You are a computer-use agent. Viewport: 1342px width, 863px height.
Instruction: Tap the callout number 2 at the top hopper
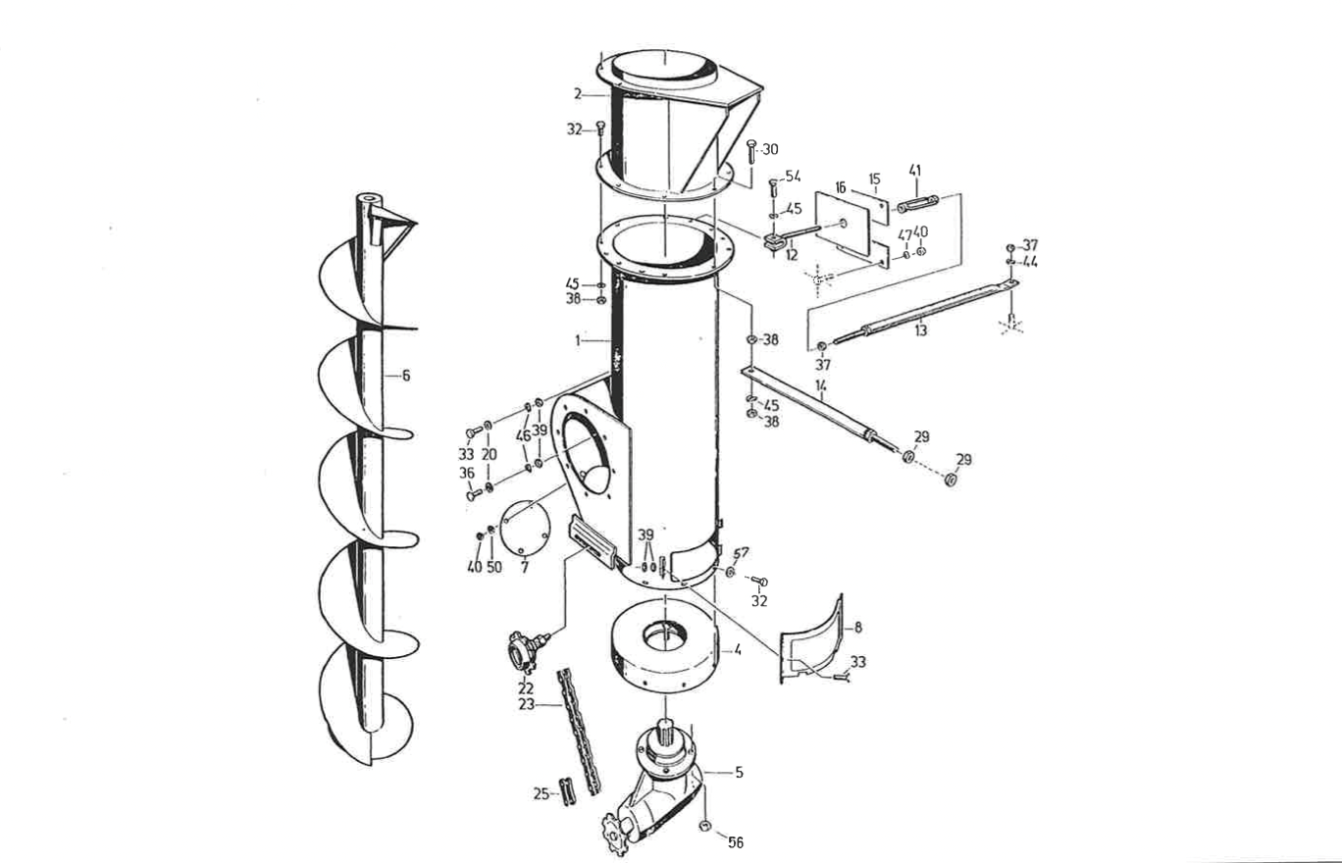[580, 94]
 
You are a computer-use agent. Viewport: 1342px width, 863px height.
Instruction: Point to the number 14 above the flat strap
[820, 386]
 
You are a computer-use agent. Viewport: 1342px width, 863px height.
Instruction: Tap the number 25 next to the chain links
[541, 794]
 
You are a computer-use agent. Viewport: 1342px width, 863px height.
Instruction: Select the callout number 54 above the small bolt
[792, 177]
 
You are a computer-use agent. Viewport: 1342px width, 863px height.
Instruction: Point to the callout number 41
[914, 171]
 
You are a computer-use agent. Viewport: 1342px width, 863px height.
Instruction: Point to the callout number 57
[742, 553]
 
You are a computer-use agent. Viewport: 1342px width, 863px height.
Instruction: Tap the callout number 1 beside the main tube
[580, 339]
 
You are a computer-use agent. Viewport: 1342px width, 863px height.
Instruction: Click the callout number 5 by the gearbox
[738, 772]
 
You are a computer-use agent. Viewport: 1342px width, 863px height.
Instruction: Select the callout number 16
[841, 186]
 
